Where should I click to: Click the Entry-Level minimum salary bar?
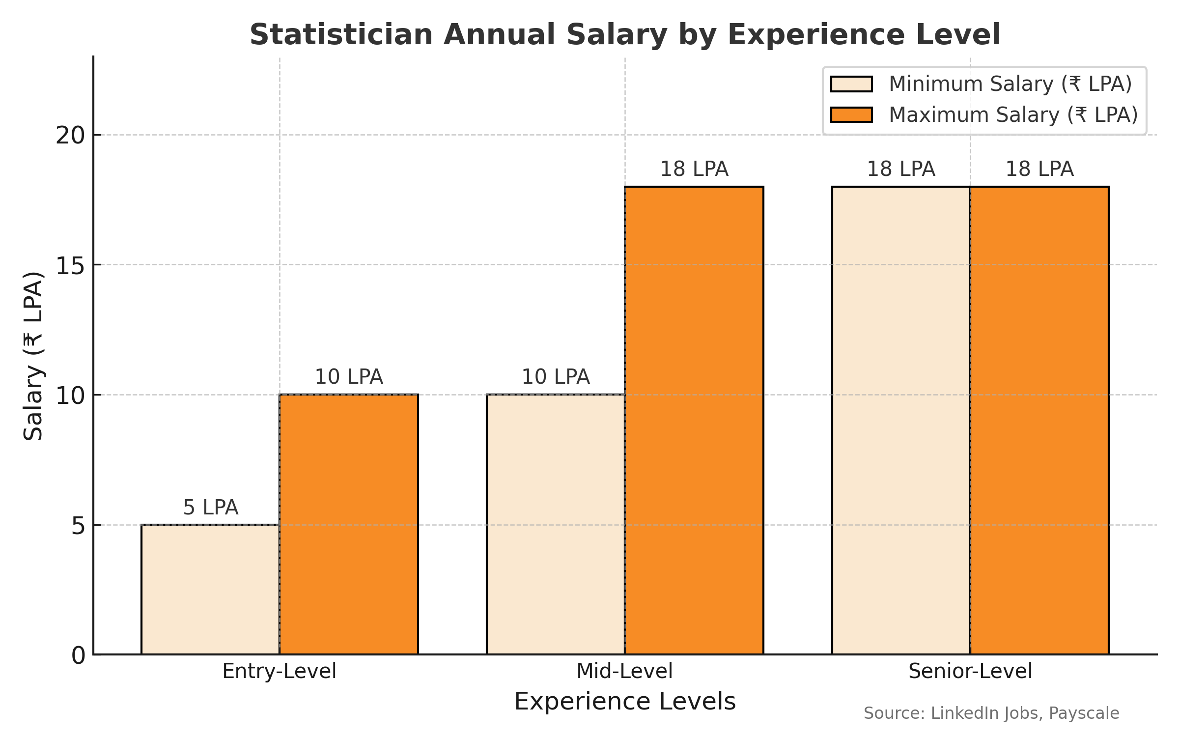coord(210,589)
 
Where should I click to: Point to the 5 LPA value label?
coord(210,508)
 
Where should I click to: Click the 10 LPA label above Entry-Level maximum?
coord(349,377)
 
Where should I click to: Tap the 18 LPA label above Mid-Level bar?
coord(694,169)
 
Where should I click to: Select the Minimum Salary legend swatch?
coord(851,84)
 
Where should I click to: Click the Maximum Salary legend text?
coord(1013,115)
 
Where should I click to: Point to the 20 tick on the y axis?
coord(70,135)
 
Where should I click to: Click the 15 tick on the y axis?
coord(70,265)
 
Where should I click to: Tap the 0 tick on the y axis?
coord(78,655)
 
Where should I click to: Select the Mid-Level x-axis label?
coord(624,671)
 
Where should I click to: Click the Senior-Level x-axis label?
coord(970,671)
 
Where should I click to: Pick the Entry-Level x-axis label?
coord(279,671)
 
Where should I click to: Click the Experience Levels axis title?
coord(624,702)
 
